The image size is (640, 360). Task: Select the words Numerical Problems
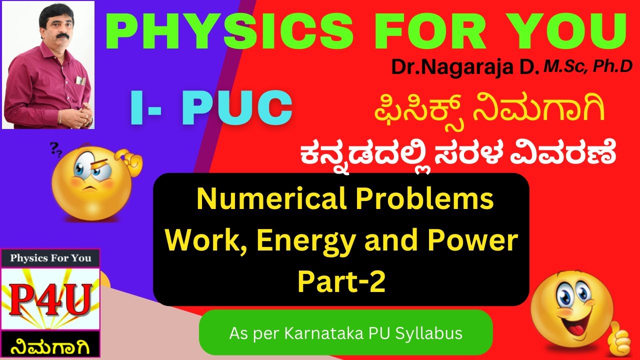point(345,200)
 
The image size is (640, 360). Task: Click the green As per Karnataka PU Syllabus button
point(345,332)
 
